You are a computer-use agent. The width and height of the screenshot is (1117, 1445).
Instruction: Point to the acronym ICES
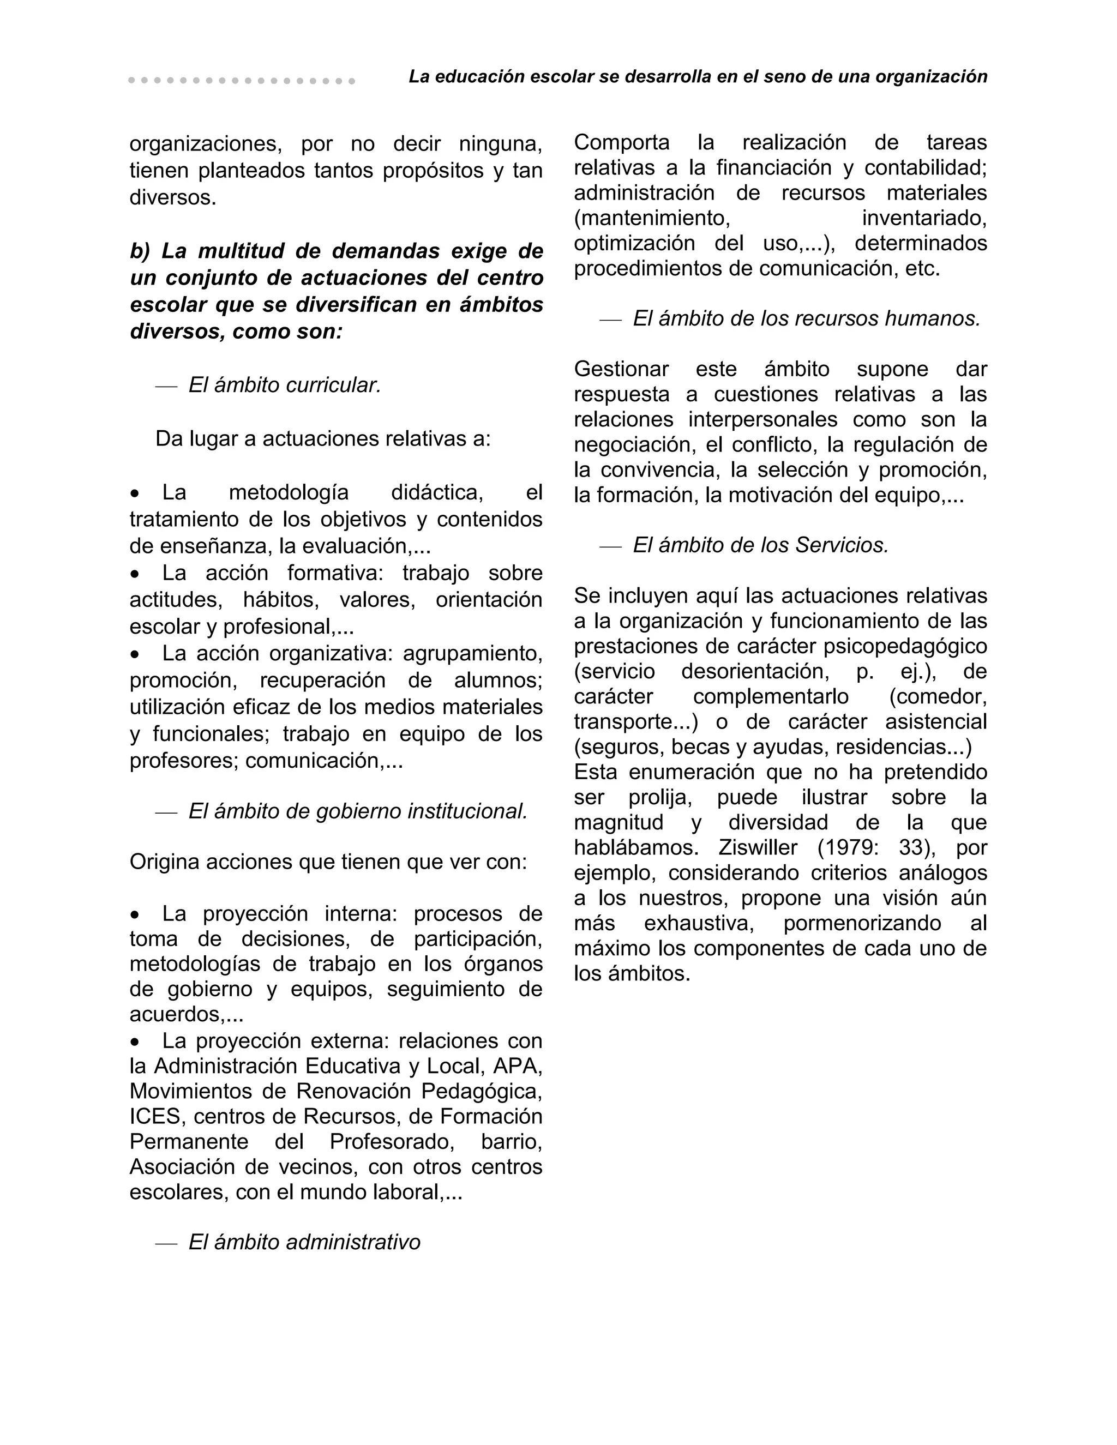155,1116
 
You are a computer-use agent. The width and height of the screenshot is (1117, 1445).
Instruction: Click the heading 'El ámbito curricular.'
285,385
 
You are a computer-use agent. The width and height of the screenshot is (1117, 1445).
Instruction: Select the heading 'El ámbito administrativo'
304,1242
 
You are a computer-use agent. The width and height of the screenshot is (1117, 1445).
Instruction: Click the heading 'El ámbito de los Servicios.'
760,545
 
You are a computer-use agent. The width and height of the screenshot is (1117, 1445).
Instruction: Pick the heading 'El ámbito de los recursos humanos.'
806,319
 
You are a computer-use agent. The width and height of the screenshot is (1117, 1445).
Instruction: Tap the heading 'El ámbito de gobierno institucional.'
358,811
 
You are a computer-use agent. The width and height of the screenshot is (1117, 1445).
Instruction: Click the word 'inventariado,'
924,218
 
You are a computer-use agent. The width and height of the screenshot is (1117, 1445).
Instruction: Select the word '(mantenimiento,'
652,218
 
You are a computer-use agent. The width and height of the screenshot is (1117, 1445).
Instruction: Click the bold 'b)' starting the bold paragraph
140,251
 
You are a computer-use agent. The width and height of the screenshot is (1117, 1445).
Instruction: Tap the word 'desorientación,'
755,672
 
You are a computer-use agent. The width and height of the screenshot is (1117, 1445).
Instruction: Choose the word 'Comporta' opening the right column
621,142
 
